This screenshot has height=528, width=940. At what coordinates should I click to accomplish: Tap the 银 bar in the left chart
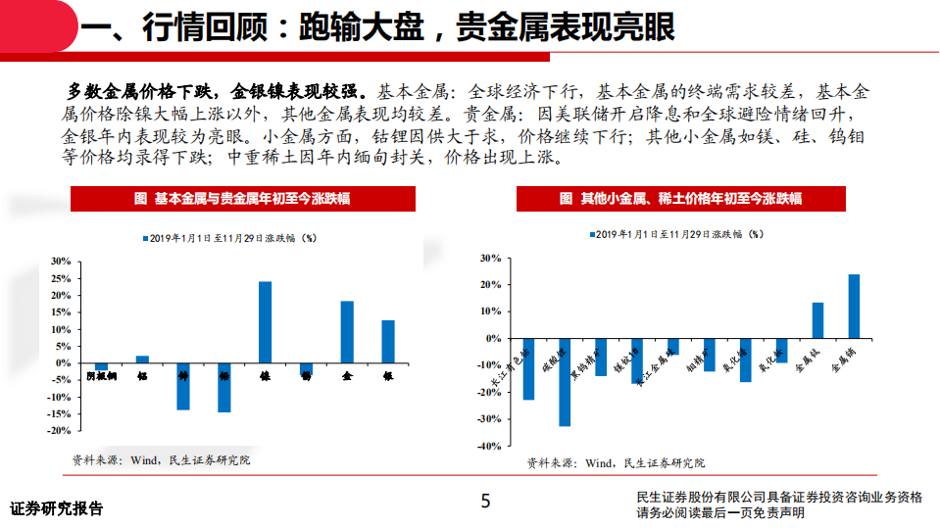click(x=388, y=341)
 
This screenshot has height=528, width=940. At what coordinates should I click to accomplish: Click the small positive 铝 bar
click(x=142, y=359)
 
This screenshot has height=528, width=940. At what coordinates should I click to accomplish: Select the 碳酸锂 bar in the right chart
click(x=565, y=382)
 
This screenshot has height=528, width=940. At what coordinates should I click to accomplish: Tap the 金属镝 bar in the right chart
click(x=854, y=306)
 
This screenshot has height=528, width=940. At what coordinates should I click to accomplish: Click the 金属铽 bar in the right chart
click(x=817, y=320)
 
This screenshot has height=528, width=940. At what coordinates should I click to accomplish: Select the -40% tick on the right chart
click(x=487, y=446)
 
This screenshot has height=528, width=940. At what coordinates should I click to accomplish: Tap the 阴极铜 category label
click(x=100, y=375)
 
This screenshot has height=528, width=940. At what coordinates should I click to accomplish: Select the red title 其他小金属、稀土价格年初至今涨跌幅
click(x=680, y=199)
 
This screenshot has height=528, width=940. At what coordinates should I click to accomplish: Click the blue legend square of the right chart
click(x=591, y=235)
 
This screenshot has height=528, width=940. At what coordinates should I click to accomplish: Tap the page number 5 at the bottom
click(x=484, y=503)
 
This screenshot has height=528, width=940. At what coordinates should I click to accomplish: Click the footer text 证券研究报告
click(x=56, y=509)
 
